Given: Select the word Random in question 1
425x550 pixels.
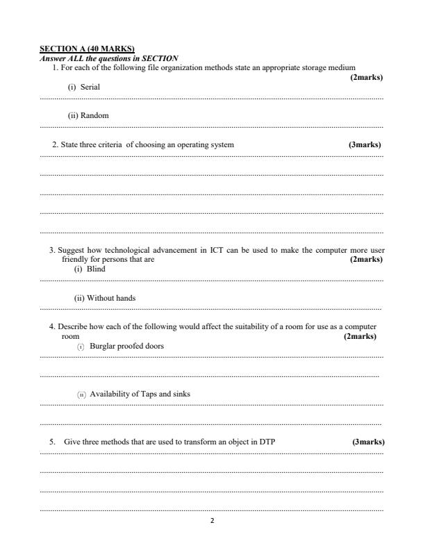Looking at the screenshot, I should click(94, 115).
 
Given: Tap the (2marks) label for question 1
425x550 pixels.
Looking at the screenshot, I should click(367, 76).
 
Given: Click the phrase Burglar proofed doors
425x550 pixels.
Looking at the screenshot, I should click(128, 345).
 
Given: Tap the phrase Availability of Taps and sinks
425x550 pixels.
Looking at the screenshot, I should click(140, 394).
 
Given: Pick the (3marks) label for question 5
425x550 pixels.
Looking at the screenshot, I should click(368, 442).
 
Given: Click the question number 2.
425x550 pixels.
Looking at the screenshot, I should click(55, 144).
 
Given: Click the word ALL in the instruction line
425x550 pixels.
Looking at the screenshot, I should click(70, 58).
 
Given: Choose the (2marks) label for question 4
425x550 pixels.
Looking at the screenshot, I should click(360, 336).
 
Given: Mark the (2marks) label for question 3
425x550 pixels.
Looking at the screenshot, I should click(367, 259).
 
